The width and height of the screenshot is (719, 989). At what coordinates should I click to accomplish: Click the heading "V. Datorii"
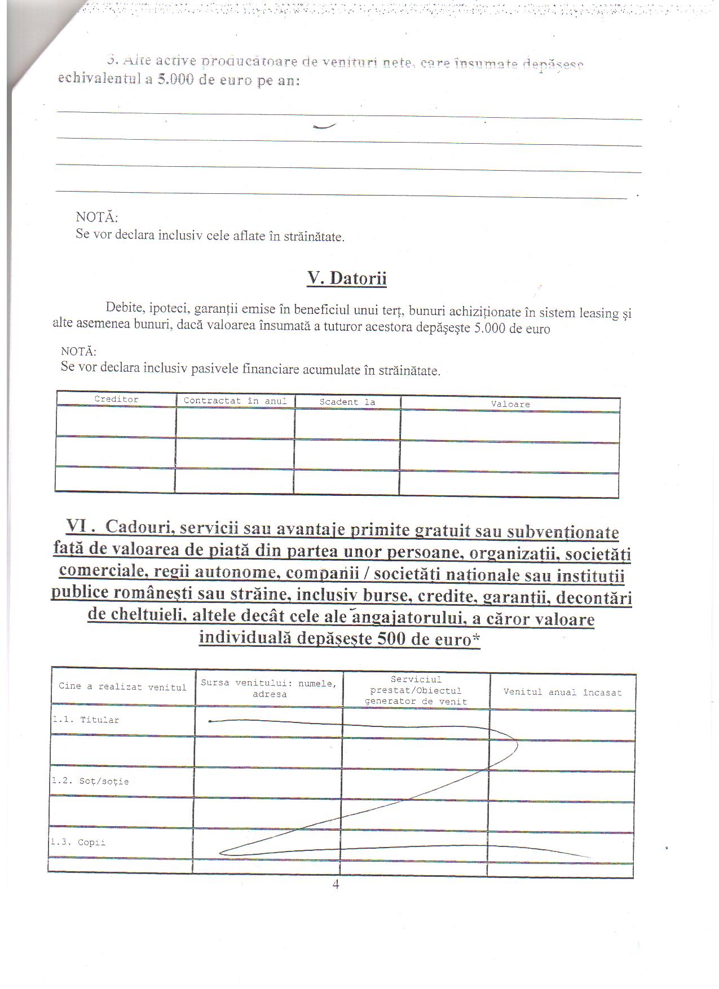pyautogui.click(x=347, y=278)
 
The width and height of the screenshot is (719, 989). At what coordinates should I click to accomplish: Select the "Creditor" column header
pyautogui.click(x=116, y=400)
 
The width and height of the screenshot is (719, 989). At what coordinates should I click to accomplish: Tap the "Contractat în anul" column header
pyautogui.click(x=235, y=401)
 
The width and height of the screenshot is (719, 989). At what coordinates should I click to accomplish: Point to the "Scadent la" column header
pyautogui.click(x=347, y=402)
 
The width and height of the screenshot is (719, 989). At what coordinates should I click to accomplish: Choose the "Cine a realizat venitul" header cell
pyautogui.click(x=122, y=687)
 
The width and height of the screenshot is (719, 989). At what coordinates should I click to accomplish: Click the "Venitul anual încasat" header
pyautogui.click(x=562, y=692)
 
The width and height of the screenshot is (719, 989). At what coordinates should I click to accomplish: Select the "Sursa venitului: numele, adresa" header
pyautogui.click(x=269, y=689)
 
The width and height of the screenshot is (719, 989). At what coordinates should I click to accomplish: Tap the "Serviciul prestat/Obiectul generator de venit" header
pyautogui.click(x=416, y=690)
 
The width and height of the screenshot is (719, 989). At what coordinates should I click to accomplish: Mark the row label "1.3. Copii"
pyautogui.click(x=78, y=843)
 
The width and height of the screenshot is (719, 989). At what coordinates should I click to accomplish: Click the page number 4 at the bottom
pyautogui.click(x=336, y=885)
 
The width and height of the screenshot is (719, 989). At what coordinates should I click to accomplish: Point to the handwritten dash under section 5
pyautogui.click(x=324, y=127)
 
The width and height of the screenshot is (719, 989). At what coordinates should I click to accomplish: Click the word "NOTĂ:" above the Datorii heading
pyautogui.click(x=96, y=217)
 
